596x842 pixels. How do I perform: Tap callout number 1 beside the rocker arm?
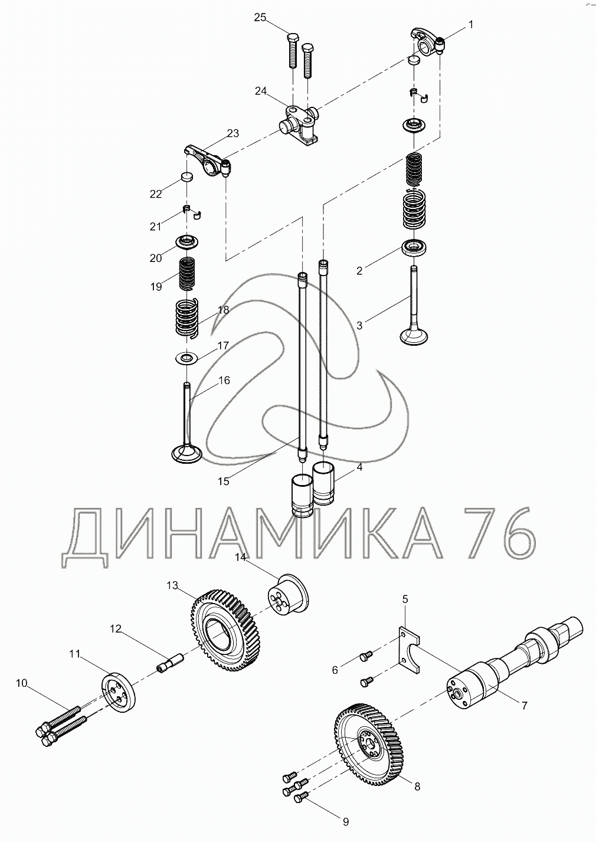[x=470, y=25]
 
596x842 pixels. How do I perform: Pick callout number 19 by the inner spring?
[x=156, y=287]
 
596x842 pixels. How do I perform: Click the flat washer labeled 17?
[x=187, y=357]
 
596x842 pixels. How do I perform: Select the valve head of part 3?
[x=414, y=336]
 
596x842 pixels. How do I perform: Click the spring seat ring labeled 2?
[x=414, y=247]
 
